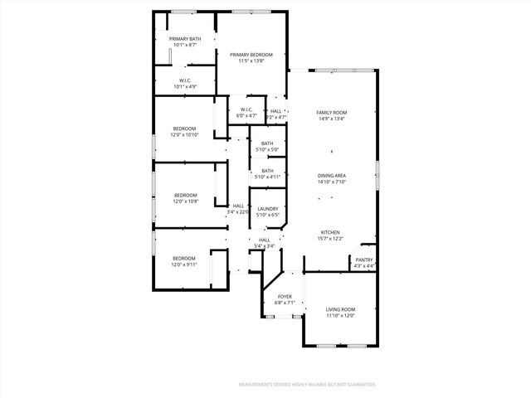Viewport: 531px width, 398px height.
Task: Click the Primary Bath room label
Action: coord(185,39)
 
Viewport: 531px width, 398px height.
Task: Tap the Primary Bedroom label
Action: coord(251,55)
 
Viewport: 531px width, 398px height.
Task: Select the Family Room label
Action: coord(331,112)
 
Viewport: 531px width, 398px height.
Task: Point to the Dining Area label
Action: coord(331,176)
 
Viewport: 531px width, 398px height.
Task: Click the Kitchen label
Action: coord(330,232)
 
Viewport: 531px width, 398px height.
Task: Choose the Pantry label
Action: coord(364,260)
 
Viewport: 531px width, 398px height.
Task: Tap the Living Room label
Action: coord(339,309)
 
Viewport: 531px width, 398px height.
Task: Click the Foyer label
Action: coord(285,297)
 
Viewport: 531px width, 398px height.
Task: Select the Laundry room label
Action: coord(267,209)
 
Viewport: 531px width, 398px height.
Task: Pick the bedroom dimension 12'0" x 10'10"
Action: coord(184,134)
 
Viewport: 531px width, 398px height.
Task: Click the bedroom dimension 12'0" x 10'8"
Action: coord(185,201)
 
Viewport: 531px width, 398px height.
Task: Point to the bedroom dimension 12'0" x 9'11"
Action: coord(184,265)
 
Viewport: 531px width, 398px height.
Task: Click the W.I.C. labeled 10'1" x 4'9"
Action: coord(184,86)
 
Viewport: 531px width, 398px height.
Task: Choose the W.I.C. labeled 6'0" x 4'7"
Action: coord(246,115)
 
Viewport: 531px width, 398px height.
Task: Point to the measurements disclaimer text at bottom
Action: coord(308,385)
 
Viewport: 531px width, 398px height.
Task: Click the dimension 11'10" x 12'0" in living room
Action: coord(339,315)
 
